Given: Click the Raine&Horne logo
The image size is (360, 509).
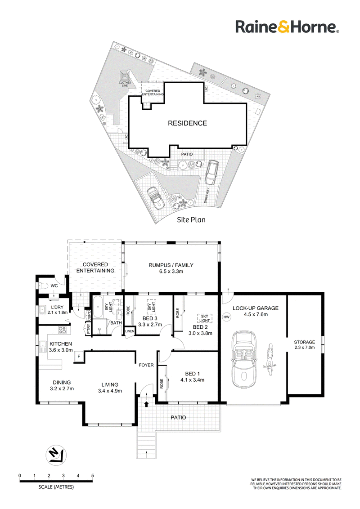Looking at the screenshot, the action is point(287,27).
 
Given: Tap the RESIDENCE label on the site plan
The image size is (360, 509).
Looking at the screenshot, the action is point(188,123).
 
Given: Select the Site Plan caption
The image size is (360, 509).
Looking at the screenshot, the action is point(191,220).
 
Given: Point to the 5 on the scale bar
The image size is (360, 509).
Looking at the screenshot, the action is point(93,476).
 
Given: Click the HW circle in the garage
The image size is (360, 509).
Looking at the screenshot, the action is point(227,317).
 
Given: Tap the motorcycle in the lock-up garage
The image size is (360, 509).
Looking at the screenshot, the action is point(269,359).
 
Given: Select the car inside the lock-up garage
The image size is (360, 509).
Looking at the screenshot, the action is point(244,359).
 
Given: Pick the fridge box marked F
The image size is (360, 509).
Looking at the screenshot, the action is point(79,356).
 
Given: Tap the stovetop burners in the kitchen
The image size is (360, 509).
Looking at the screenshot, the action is point(62,330).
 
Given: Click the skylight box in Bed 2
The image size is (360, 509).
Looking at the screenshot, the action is point(204,318).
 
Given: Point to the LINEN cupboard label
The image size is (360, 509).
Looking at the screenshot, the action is point(129,331).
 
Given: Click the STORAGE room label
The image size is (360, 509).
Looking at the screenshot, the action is point(305,342).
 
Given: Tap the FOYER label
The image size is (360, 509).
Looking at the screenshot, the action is point(146,365).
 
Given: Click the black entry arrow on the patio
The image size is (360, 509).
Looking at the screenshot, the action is point(146,404).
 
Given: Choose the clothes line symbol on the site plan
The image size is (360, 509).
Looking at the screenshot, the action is point(125,76).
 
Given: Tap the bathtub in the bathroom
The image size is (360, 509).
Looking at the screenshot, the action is point(98,307).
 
